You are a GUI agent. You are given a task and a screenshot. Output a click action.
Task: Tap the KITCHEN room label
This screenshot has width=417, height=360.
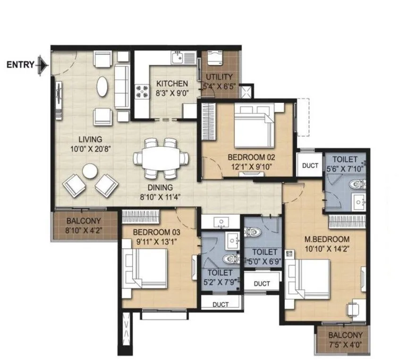click(172, 84)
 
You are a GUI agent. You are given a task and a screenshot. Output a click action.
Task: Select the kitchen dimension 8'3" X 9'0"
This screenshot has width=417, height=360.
click(172, 93)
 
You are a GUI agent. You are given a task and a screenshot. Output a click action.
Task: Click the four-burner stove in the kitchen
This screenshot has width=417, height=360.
click(141, 90)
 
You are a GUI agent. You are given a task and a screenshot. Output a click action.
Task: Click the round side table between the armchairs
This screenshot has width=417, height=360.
click(89, 171)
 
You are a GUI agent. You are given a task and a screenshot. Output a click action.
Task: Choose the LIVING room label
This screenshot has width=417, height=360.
click(90, 139)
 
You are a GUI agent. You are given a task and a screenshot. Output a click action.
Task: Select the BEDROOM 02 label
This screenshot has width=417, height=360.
click(251, 157)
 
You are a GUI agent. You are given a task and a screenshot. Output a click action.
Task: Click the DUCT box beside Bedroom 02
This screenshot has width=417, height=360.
click(310, 166)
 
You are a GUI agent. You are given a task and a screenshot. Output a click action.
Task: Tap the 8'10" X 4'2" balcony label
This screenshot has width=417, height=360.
click(85, 230)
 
